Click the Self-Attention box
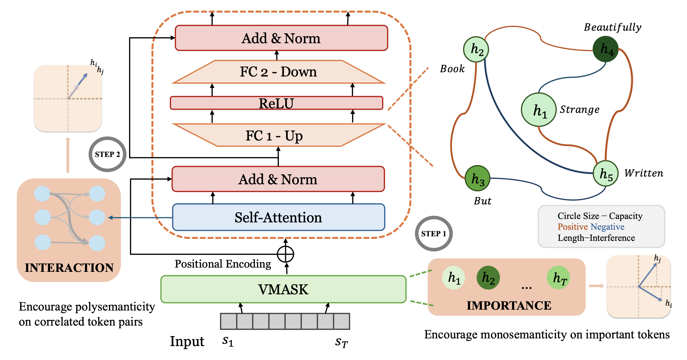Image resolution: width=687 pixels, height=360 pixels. (278, 217)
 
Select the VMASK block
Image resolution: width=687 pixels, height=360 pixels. (283, 289)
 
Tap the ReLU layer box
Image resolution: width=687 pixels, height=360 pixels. (276, 103)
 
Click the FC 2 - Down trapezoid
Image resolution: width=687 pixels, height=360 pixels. (278, 72)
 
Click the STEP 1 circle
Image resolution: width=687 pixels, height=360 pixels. (434, 233)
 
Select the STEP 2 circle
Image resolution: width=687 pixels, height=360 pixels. (107, 154)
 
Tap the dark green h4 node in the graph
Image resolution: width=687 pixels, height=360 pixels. (606, 49)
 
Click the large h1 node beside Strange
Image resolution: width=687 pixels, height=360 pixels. (539, 110)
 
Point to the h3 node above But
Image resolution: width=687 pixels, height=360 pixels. (477, 178)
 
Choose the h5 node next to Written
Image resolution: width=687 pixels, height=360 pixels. (606, 173)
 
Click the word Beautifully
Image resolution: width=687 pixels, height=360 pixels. (613, 27)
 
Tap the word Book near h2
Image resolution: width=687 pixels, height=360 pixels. (452, 69)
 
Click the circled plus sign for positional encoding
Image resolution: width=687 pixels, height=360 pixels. (285, 254)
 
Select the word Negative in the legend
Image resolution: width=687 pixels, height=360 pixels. (608, 227)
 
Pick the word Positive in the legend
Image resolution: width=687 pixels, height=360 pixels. (572, 227)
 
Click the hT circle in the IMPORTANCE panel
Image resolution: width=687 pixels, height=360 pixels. (558, 278)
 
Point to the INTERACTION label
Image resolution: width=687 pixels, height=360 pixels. (69, 268)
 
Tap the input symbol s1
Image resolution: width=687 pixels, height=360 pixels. (228, 340)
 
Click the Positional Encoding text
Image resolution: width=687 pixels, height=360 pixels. (223, 264)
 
